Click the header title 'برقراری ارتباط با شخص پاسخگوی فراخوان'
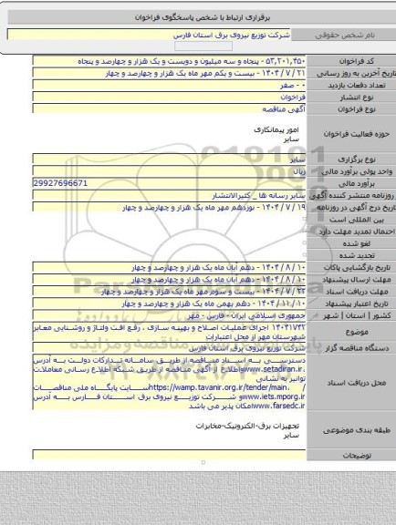click(198, 15)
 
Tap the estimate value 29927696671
click(58, 182)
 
